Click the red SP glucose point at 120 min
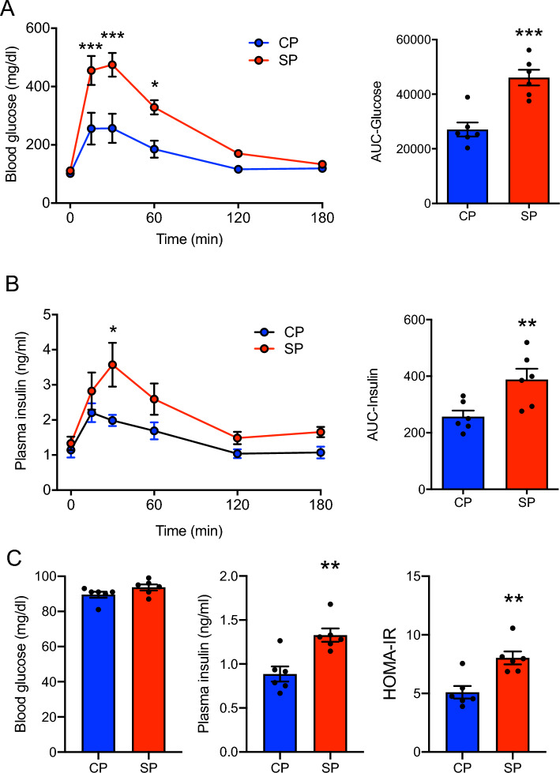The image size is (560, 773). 238,153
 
